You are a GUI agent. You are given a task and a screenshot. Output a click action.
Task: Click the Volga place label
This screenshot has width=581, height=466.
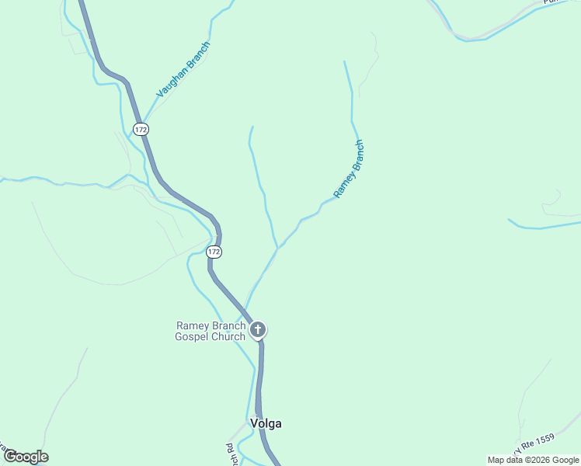266,424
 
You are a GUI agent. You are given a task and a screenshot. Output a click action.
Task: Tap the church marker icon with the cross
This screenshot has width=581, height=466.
258,330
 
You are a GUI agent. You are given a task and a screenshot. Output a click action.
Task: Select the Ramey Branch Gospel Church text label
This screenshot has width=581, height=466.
211,332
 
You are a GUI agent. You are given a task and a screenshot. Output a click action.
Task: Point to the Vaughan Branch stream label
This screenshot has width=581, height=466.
183,69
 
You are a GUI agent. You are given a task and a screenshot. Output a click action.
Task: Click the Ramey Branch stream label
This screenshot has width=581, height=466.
349,169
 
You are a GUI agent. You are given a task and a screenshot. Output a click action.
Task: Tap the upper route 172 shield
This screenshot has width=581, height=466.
140,130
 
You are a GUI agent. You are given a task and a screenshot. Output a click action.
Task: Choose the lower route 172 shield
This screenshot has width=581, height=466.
214,252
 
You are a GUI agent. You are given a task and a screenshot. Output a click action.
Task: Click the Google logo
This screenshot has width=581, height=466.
26,457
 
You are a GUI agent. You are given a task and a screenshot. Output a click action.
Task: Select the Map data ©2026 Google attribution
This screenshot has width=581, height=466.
533,460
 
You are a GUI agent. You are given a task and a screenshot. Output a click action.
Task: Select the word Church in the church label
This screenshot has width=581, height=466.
229,337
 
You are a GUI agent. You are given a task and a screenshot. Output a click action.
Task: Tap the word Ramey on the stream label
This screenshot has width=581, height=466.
343,181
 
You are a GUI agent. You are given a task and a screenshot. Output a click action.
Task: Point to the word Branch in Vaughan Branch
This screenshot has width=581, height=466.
197,54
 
